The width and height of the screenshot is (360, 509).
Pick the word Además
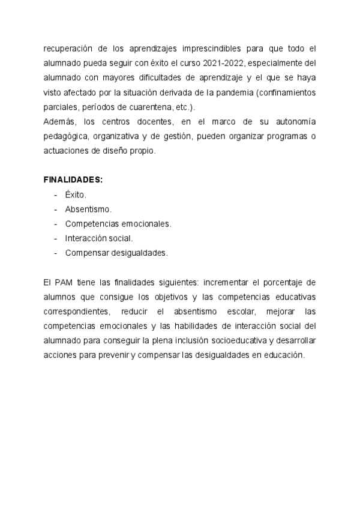click(59, 122)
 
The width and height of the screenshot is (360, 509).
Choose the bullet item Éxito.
click(76, 195)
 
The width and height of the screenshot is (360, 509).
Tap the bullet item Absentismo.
click(88, 209)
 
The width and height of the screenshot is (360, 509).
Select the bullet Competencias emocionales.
click(118, 224)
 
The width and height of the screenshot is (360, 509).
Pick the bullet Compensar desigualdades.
click(116, 253)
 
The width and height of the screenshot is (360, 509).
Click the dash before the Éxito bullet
click(55, 195)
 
